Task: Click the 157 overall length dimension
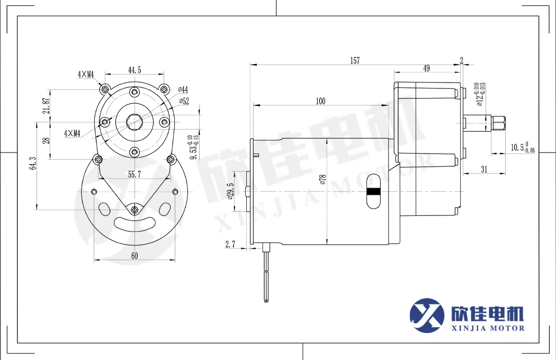pyautogui.click(x=355, y=61)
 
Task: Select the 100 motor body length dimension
pyautogui.click(x=320, y=101)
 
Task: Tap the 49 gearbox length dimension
pyautogui.click(x=426, y=68)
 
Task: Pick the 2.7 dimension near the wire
pyautogui.click(x=230, y=244)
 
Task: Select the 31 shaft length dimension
pyautogui.click(x=484, y=169)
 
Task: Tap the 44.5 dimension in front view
pyautogui.click(x=134, y=69)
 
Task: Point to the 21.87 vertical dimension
pyautogui.click(x=47, y=106)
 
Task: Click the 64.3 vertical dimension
pyautogui.click(x=33, y=164)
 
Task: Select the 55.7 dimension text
pyautogui.click(x=134, y=174)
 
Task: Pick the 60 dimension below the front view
pyautogui.click(x=134, y=256)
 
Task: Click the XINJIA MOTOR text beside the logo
pyautogui.click(x=486, y=328)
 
